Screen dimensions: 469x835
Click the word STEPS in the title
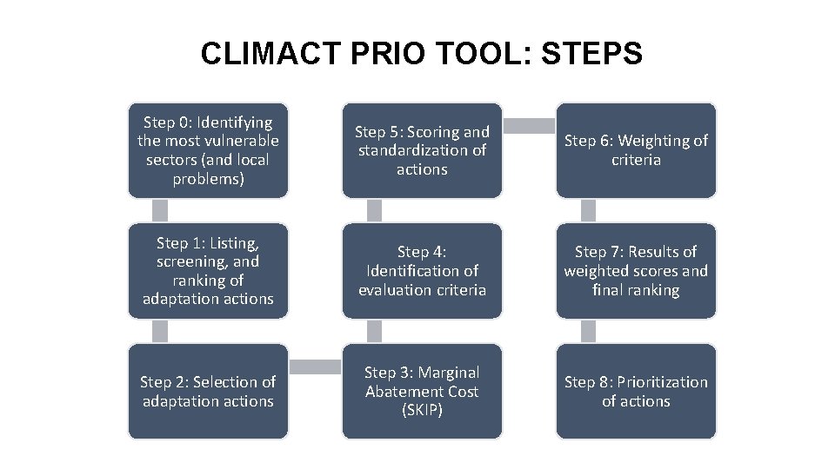point(591,54)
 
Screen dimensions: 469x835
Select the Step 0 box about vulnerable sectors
point(208,150)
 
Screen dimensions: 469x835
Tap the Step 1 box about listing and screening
point(208,271)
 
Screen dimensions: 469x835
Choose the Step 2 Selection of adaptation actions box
point(208,391)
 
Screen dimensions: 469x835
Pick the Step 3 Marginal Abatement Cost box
point(422,391)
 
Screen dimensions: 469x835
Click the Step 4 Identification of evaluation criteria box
point(422,271)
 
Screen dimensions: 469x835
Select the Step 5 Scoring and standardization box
point(422,150)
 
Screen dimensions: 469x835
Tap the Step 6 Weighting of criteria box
point(636,150)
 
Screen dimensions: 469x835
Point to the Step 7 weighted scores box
point(636,271)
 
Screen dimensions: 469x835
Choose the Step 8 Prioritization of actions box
point(636,391)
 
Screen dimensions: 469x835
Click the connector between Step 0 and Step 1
point(160,210)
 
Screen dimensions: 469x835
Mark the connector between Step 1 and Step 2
point(160,331)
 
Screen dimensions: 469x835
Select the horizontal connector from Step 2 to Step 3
point(315,367)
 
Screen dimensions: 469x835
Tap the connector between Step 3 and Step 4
point(374,331)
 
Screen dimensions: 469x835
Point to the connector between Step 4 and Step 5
point(374,210)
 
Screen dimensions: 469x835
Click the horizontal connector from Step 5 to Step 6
point(529,126)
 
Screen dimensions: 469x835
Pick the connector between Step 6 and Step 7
point(588,210)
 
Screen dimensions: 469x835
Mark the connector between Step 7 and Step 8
point(588,331)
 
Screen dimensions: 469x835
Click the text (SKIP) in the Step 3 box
point(422,410)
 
